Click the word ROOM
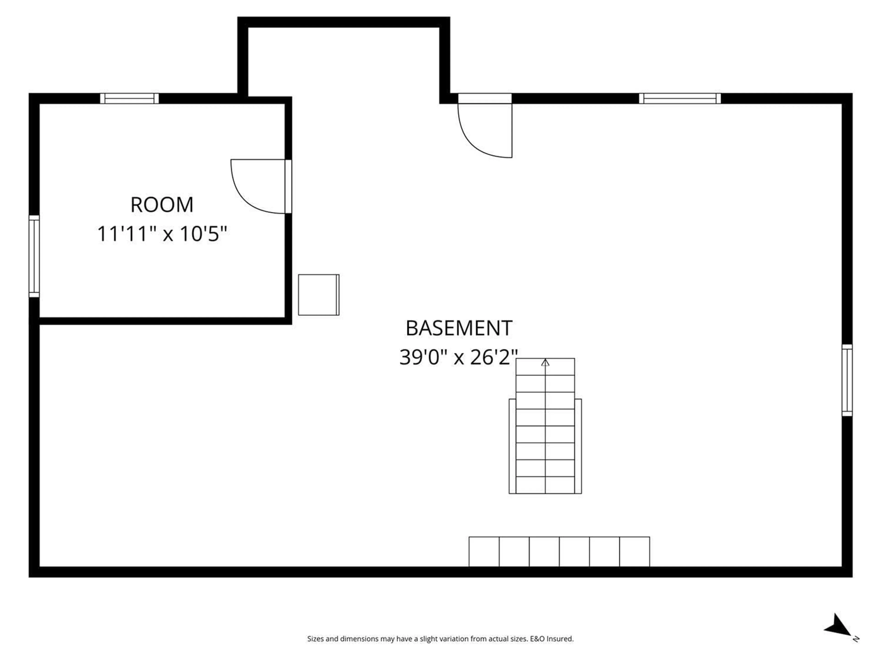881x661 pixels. click(x=162, y=205)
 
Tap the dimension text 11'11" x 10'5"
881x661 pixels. click(x=162, y=234)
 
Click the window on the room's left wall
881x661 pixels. click(x=34, y=256)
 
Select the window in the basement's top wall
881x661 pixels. click(x=680, y=98)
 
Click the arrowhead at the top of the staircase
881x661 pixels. click(x=545, y=363)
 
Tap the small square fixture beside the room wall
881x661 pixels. click(x=319, y=295)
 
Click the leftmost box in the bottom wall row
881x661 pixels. click(x=484, y=552)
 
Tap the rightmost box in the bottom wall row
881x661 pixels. click(x=634, y=552)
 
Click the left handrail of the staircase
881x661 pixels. click(x=512, y=446)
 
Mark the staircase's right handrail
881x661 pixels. click(x=578, y=446)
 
